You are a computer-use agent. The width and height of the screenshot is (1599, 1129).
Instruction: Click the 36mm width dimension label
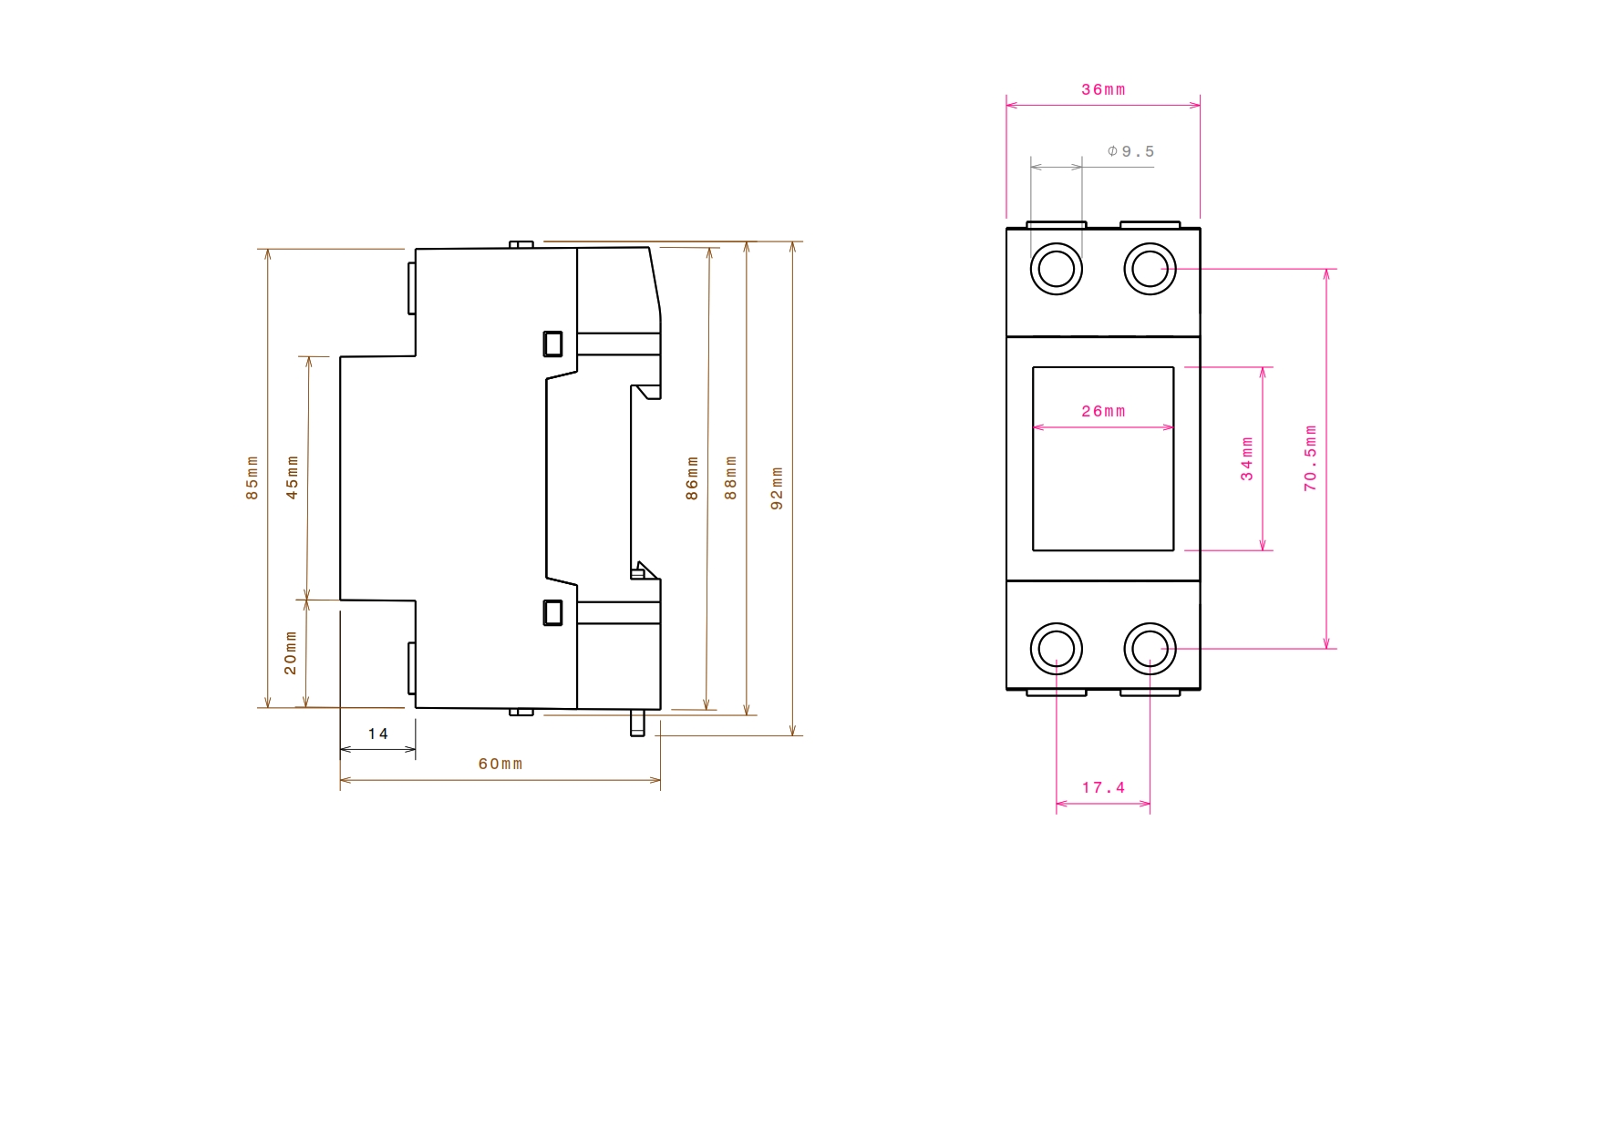1103,89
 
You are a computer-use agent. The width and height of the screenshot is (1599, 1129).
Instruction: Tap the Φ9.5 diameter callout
1130,151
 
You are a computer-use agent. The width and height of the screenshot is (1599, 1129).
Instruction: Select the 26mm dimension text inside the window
1103,411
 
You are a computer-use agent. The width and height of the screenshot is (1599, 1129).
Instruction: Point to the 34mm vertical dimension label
1247,458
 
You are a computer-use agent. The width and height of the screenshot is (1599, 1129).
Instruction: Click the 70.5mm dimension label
1311,458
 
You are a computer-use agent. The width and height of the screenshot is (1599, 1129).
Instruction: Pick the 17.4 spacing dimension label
1103,787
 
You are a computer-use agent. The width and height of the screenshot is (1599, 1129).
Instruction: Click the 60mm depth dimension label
500,764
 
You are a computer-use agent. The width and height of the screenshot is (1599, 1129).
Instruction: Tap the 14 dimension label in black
378,734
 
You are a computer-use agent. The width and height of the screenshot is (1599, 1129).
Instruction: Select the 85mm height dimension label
253,477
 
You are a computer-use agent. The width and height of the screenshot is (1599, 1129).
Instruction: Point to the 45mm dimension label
293,477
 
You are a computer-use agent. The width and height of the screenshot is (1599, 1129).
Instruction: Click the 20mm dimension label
291,652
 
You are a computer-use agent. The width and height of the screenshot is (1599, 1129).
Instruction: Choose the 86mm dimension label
692,478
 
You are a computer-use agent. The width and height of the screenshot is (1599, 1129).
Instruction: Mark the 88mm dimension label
730,478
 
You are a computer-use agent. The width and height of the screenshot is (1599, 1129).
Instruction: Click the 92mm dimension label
777,488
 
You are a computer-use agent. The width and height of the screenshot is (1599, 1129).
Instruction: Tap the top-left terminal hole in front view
1057,269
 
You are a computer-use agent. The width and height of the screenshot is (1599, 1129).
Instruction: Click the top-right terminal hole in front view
1150,269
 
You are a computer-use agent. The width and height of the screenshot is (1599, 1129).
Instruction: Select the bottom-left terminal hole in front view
1057,649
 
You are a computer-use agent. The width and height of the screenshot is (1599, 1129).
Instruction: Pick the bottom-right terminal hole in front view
1150,649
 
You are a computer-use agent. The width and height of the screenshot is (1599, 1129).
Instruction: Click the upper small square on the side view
552,344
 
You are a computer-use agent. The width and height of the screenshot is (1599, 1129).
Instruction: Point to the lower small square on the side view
552,612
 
